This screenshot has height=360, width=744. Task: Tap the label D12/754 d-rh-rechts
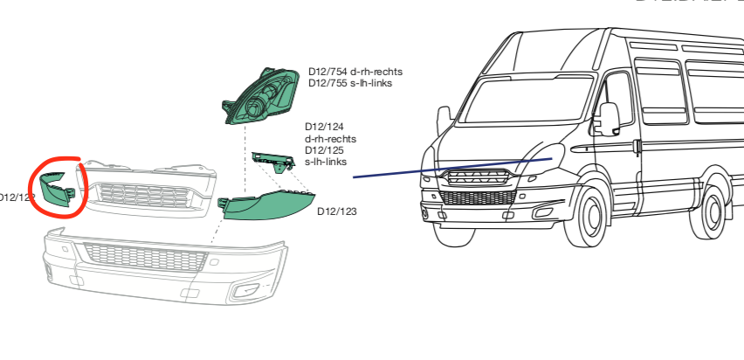(x=355, y=72)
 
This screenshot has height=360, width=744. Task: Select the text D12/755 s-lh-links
(x=350, y=83)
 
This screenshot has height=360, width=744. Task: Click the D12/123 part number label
(x=337, y=211)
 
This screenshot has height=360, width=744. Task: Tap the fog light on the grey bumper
(x=247, y=290)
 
